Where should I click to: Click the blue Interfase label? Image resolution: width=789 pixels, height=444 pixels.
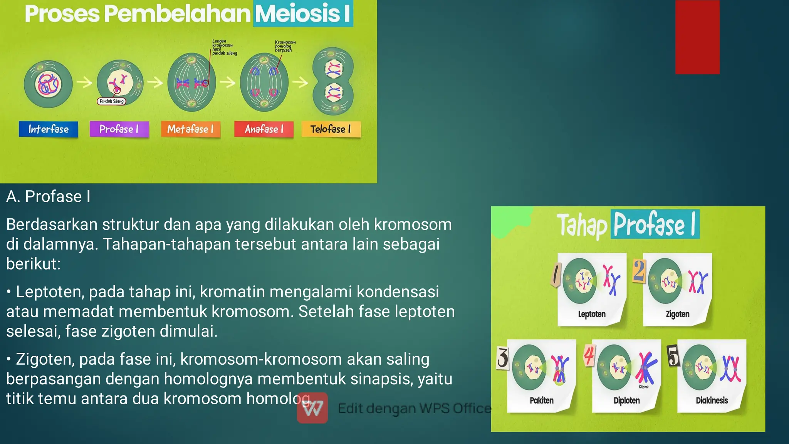click(49, 129)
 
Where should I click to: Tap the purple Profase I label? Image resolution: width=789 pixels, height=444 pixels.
click(119, 129)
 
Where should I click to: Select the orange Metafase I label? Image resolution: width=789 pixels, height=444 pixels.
click(190, 129)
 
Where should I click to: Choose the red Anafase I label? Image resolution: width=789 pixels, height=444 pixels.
click(264, 129)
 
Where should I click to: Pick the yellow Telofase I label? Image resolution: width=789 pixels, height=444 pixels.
click(331, 129)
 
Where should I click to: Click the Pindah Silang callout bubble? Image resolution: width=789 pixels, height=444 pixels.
click(111, 101)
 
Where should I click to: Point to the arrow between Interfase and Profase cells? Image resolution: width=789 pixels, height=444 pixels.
click(84, 82)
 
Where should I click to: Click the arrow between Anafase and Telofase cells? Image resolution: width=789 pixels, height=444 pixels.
click(300, 82)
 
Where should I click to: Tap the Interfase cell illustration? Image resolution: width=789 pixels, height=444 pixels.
click(48, 84)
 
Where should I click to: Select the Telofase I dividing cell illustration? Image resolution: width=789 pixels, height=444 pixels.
click(333, 81)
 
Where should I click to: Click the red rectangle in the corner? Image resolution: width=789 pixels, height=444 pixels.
click(697, 37)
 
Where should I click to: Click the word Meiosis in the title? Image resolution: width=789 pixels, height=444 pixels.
click(297, 13)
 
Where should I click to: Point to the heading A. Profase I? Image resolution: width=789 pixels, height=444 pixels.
click(48, 196)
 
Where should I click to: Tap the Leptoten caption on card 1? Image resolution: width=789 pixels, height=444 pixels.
click(592, 314)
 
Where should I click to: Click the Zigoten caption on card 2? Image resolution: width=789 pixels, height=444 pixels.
click(678, 314)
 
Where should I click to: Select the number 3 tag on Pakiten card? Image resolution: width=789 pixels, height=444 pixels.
click(502, 357)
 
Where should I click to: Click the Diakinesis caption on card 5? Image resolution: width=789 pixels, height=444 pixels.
click(712, 400)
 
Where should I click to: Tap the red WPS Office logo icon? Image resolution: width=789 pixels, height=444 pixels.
click(312, 408)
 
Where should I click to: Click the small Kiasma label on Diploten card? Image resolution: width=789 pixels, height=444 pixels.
click(644, 387)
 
